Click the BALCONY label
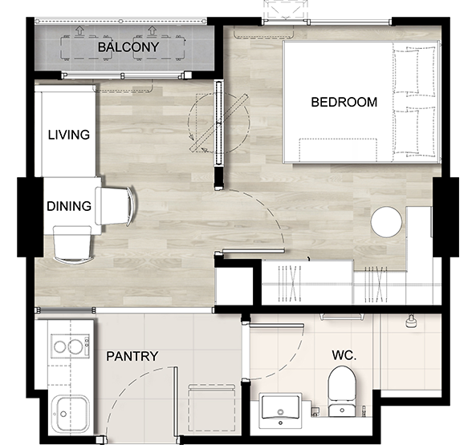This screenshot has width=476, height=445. click(128, 47)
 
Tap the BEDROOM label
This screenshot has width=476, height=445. click(344, 102)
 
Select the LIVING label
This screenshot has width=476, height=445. click(69, 135)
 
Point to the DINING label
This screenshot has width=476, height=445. click(69, 206)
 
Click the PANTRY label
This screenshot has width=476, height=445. click(132, 356)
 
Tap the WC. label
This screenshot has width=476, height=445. click(344, 355)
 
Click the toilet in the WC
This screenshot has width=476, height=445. click(342, 391)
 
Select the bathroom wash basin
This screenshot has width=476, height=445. click(280, 411)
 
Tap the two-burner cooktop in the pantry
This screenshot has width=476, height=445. click(70, 346)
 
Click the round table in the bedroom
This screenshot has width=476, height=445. click(386, 222)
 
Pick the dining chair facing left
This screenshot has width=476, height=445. click(116, 206)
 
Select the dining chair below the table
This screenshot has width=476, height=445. click(73, 245)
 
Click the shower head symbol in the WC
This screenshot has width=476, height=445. click(410, 322)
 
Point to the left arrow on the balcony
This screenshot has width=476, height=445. click(79, 30)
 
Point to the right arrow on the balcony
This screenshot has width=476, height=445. click(152, 30)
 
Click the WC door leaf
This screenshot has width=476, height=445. click(276, 326)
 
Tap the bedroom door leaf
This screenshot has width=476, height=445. click(254, 251)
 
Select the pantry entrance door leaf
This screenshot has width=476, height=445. click(175, 402)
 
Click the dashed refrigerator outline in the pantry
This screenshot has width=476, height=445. click(212, 407)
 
